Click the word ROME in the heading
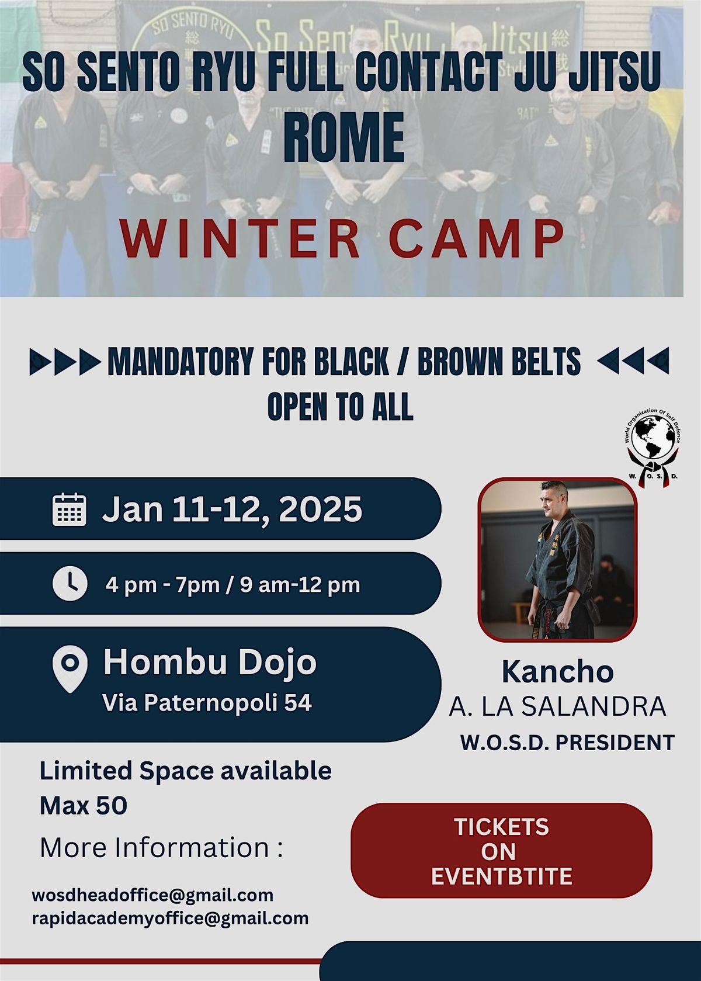tap(343, 138)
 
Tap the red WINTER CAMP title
tap(342, 238)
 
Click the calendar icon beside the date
tap(70, 509)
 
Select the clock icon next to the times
tap(70, 584)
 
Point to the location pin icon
tap(70, 668)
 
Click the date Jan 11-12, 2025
tap(232, 509)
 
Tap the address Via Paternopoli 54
tap(207, 702)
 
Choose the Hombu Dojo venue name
tap(210, 662)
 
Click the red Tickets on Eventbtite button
tap(501, 851)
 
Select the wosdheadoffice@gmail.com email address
tap(152, 895)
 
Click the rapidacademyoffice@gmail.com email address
tap(170, 918)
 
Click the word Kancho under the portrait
tap(557, 672)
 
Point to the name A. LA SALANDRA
tap(557, 706)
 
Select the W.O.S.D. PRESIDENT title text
tap(567, 743)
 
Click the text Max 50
tap(83, 806)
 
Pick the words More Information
tap(154, 847)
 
